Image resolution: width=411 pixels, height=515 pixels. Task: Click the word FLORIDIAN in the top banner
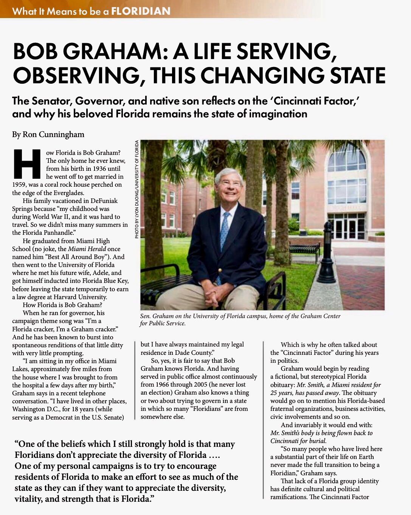[141, 11]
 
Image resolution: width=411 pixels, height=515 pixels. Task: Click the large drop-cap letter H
[27, 164]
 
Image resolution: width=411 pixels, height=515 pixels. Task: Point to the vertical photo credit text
[136, 189]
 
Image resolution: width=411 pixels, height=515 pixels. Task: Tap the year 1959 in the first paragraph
[19, 184]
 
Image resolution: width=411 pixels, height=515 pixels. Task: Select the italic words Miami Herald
[86, 249]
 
